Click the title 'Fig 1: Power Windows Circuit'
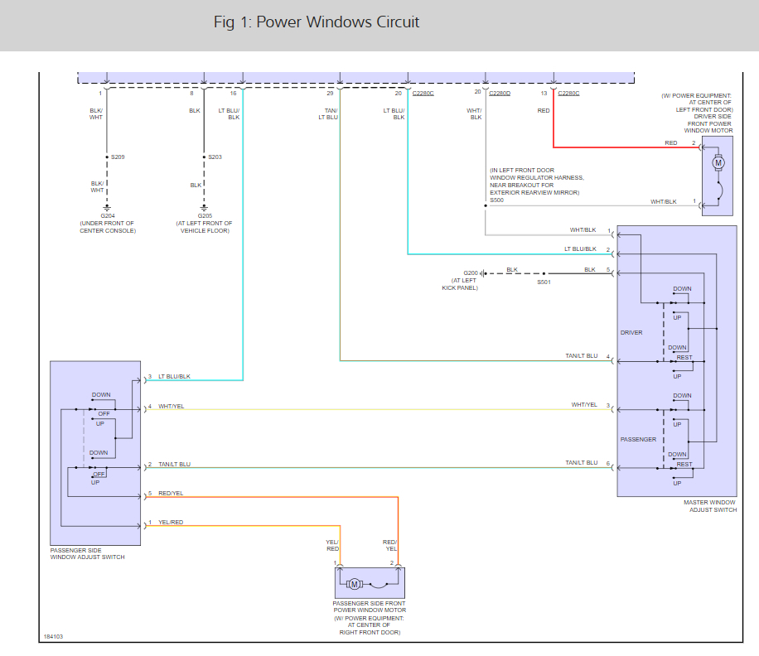pos(317,22)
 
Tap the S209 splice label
pos(118,157)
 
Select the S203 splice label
pos(215,157)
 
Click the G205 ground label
pos(204,215)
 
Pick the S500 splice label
pos(496,200)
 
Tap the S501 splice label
pos(544,282)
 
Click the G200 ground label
pos(471,273)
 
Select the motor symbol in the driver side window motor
pos(718,163)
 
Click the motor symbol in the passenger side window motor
pos(354,584)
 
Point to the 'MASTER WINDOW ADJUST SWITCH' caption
pos(709,506)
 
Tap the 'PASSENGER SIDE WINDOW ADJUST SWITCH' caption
pos(87,553)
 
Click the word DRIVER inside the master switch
pos(631,333)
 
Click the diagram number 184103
pos(53,637)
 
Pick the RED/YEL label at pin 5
pos(171,493)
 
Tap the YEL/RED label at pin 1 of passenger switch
pos(171,523)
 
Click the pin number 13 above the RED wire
pos(544,93)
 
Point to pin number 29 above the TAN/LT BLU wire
pos(331,93)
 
